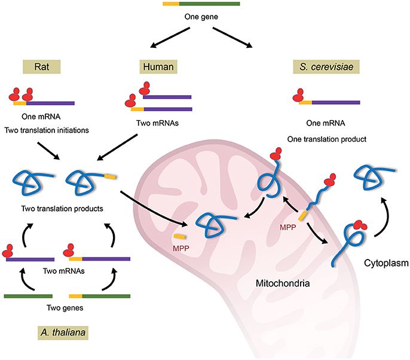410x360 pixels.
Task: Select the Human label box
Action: point(156,66)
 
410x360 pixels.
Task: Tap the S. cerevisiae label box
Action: point(326,66)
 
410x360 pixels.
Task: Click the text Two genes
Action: point(64,309)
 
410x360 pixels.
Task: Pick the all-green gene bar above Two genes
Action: point(29,296)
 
